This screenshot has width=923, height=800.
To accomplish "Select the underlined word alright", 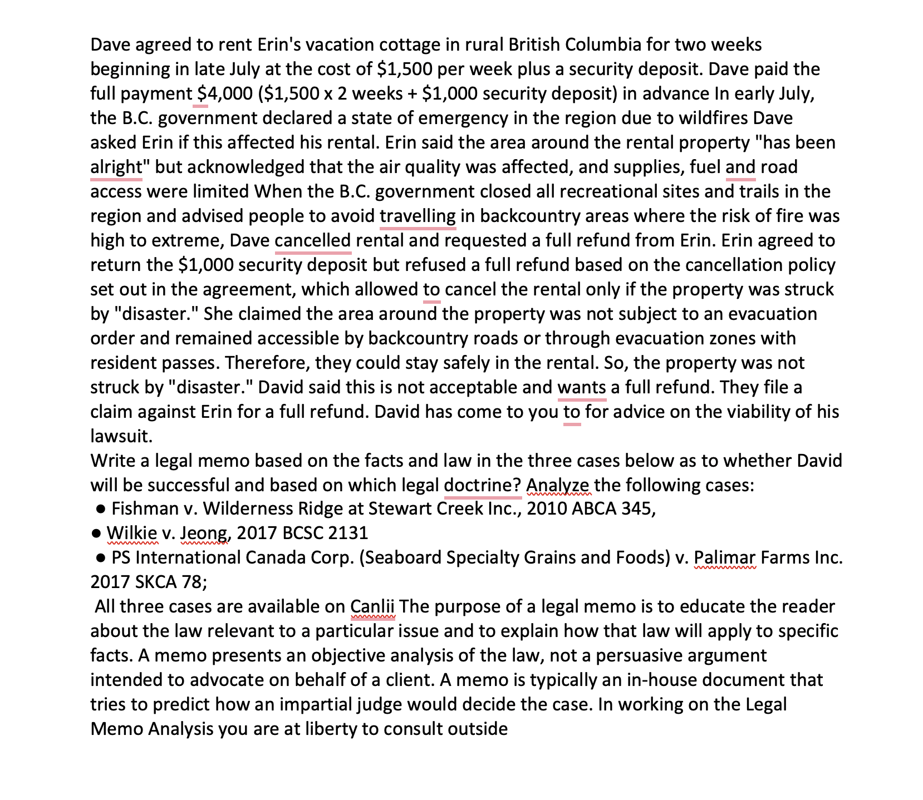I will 116,167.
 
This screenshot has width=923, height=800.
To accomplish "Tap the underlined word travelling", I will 418,216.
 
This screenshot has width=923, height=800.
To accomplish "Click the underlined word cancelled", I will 313,240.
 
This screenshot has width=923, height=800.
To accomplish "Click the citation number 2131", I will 348,533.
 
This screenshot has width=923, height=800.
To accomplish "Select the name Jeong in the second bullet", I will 203,533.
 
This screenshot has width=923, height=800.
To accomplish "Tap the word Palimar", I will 725,557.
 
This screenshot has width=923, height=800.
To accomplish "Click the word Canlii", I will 372,606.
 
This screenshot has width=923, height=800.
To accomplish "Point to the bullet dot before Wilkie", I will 97,533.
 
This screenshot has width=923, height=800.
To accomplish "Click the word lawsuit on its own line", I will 121,436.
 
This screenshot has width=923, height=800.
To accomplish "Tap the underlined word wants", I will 581,387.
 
